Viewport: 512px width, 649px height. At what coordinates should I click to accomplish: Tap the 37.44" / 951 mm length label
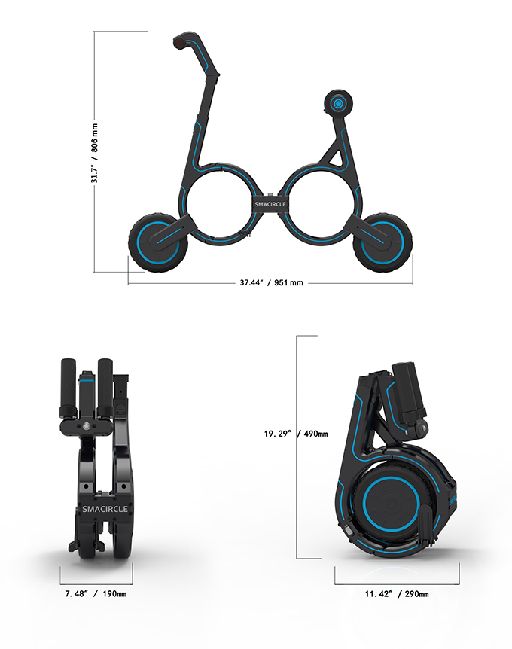click(271, 283)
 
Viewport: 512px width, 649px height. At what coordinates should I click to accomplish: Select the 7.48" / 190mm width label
click(95, 594)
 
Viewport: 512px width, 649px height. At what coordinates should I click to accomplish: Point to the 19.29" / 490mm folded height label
click(295, 434)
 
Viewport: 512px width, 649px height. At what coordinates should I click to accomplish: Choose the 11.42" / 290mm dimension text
click(396, 594)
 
